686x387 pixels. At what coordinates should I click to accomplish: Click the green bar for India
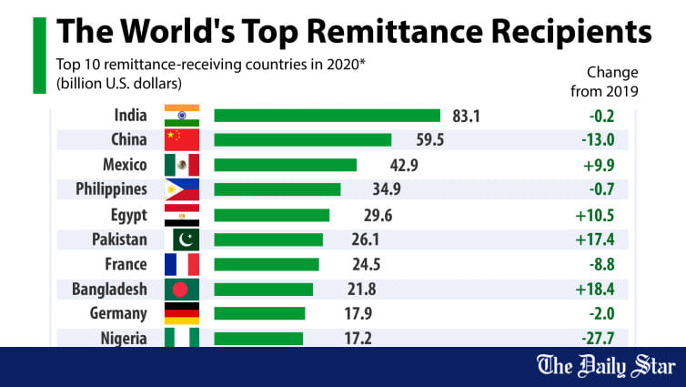[x=327, y=116]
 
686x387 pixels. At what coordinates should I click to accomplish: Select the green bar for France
[x=267, y=264]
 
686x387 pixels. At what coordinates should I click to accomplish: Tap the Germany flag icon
[x=181, y=314]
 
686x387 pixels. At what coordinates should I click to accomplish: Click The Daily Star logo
[x=606, y=367]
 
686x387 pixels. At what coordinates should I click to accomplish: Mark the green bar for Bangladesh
[x=263, y=289]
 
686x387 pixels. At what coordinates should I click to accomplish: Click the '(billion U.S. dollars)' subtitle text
[x=125, y=84]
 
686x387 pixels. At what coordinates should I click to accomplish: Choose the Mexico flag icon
[x=181, y=165]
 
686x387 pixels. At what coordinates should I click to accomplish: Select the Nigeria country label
[x=122, y=338]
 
